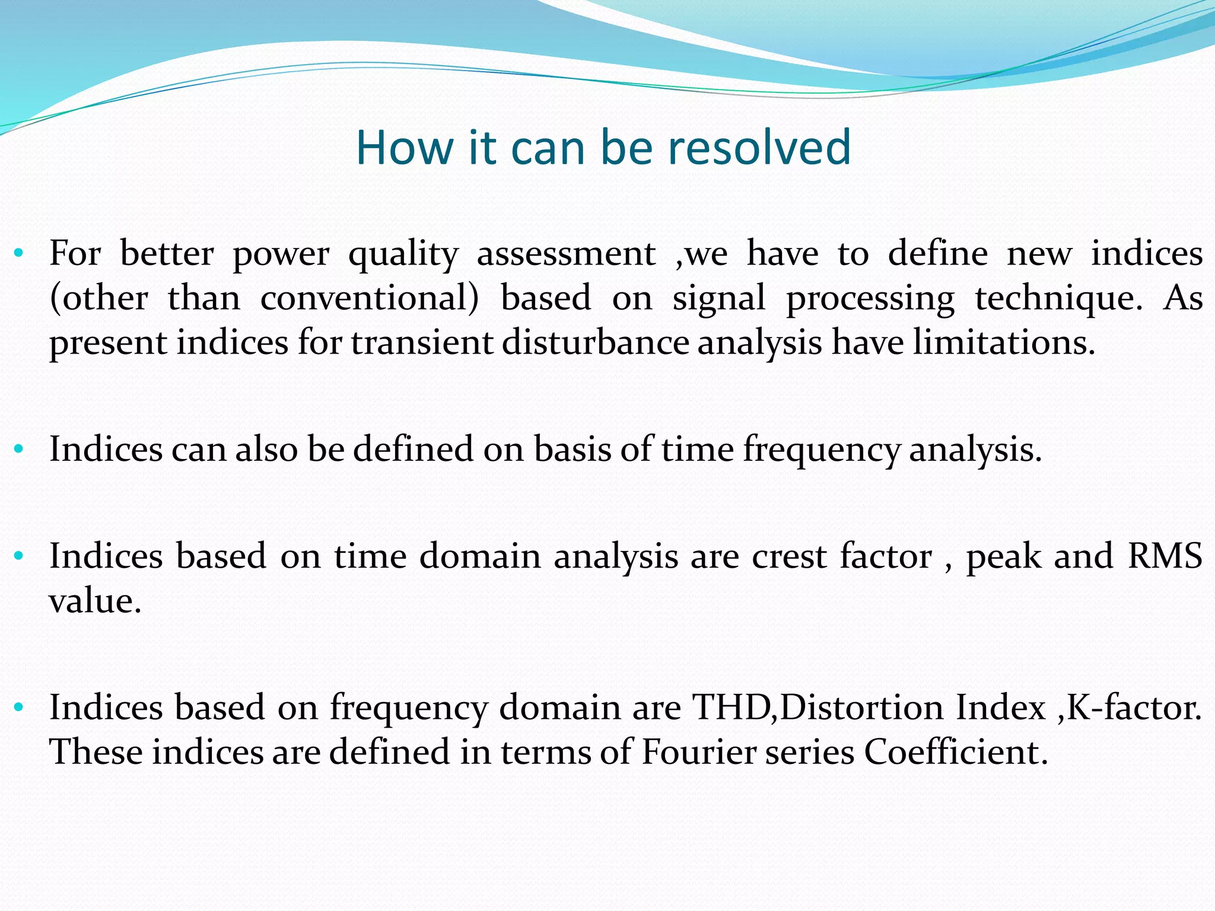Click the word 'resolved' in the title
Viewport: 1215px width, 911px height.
pyautogui.click(x=759, y=148)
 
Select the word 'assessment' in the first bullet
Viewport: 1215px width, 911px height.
pyautogui.click(x=566, y=253)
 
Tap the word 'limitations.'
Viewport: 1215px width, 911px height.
pyautogui.click(x=1004, y=343)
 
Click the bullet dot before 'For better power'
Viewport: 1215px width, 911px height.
pyautogui.click(x=18, y=254)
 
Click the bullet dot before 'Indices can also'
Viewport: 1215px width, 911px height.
pyautogui.click(x=18, y=449)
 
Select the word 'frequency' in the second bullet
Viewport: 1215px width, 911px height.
pyautogui.click(x=822, y=450)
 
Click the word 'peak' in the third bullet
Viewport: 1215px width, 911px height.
pyautogui.click(x=1003, y=556)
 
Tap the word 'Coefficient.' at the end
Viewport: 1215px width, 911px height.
pyautogui.click(x=956, y=752)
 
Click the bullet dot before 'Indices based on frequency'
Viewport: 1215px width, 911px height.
pyautogui.click(x=18, y=707)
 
